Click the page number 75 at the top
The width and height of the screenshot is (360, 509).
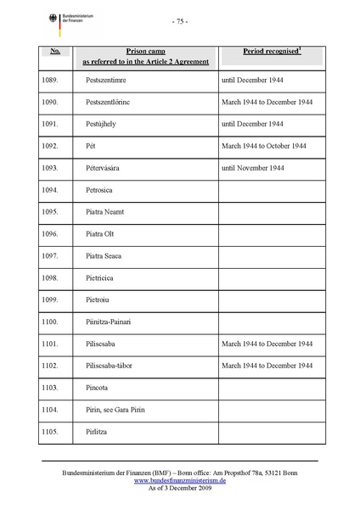(179, 21)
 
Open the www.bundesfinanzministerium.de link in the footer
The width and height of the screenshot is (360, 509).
(179, 479)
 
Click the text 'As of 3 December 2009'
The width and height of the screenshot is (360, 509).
(179, 488)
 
